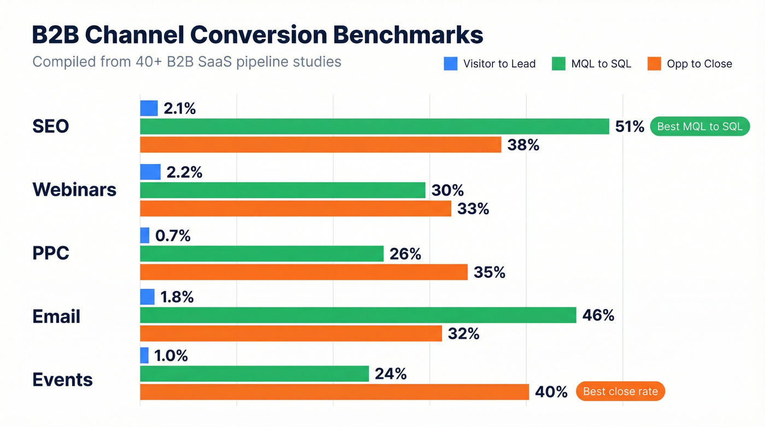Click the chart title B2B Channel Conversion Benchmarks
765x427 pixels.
(257, 35)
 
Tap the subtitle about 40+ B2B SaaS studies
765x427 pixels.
(186, 61)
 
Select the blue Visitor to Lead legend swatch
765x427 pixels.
(450, 64)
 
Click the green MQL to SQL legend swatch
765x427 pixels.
(558, 64)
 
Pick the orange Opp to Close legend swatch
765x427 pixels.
(654, 64)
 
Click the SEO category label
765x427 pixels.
(51, 127)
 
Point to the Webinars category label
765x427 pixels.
(74, 190)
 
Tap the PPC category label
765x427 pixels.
(51, 253)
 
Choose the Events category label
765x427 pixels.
(63, 379)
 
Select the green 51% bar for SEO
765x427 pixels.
(374, 126)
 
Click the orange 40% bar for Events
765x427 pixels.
(334, 392)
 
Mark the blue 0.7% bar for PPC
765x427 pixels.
(145, 236)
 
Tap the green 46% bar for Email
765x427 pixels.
(358, 315)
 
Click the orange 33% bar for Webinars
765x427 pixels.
(296, 208)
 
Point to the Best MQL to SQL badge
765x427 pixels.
(699, 126)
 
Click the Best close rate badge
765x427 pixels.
(620, 391)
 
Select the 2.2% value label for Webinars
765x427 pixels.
(185, 172)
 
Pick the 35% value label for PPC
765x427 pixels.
(490, 272)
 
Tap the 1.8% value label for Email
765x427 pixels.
(177, 297)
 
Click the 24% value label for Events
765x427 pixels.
(390, 374)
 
